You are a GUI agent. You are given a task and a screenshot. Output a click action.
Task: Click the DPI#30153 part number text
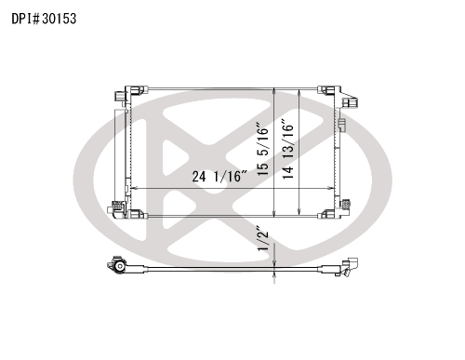(x=44, y=19)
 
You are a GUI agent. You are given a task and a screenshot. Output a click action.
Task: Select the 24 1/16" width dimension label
(x=219, y=176)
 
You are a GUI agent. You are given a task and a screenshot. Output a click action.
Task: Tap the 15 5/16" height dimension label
(x=262, y=150)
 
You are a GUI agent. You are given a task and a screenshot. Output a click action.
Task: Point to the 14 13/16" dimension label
(x=288, y=148)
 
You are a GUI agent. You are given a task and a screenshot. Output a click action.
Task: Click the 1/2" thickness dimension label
(x=263, y=241)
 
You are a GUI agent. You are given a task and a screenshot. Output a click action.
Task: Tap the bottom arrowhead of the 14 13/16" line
(x=299, y=211)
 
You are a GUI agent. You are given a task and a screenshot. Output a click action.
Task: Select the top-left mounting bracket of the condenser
(x=137, y=90)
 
